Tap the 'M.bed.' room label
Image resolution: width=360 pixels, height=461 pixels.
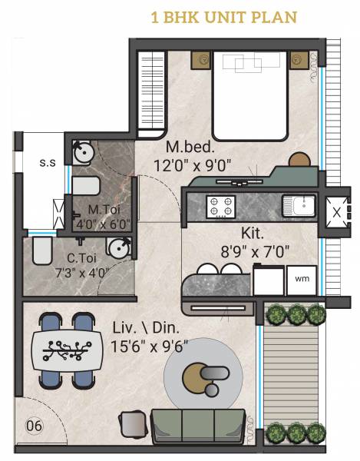pyautogui.click(x=185, y=146)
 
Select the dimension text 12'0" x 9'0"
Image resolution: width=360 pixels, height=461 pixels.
pyautogui.click(x=192, y=164)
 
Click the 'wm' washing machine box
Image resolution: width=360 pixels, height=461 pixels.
pyautogui.click(x=302, y=279)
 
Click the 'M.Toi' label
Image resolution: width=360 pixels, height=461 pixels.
pyautogui.click(x=102, y=209)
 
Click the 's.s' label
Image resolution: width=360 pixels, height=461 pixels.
pyautogui.click(x=48, y=162)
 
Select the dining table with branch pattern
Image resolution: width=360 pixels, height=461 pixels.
pyautogui.click(x=68, y=348)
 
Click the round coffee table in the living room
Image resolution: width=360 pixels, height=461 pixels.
pyautogui.click(x=203, y=376)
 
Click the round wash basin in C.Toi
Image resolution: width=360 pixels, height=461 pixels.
pyautogui.click(x=118, y=247)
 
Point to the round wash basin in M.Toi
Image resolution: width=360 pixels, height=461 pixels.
pyautogui.click(x=83, y=153)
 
